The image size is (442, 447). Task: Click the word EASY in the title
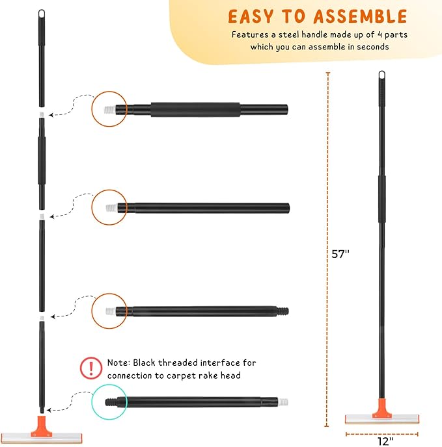249,16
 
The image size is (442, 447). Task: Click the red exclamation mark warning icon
90,368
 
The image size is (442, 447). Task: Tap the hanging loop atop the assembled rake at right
381,76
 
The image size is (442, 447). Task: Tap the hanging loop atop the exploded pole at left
42,14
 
